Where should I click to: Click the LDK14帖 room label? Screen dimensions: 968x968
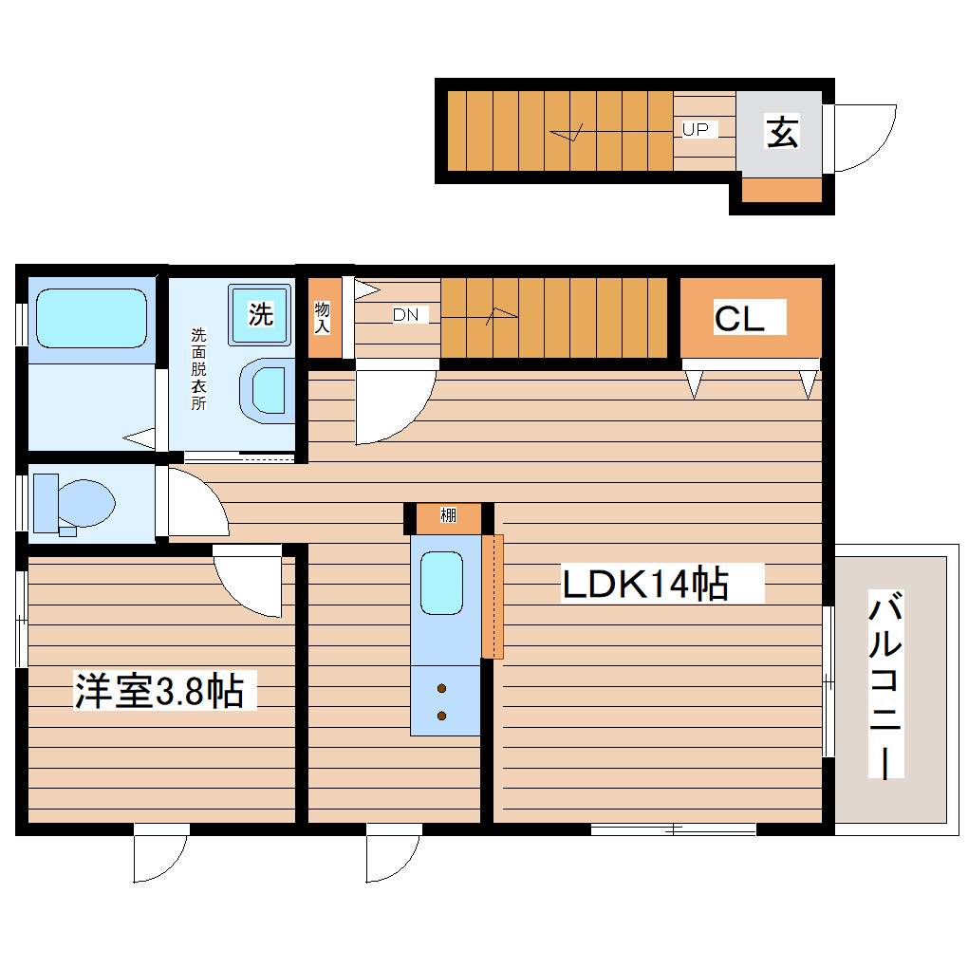[x=645, y=584]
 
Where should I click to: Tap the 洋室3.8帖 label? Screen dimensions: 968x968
[x=159, y=691]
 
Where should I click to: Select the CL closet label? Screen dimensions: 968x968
[x=739, y=319]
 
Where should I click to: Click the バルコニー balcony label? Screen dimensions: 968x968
[x=885, y=684]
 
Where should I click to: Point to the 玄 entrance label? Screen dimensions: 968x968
[x=782, y=132]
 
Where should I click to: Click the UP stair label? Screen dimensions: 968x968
[x=695, y=130]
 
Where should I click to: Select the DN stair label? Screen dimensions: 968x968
[x=405, y=315]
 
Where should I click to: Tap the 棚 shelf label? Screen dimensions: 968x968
[x=448, y=515]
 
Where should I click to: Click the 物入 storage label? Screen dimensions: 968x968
[x=323, y=317]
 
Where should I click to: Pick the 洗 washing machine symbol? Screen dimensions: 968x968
[x=260, y=314]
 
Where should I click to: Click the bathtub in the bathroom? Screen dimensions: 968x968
[x=91, y=319]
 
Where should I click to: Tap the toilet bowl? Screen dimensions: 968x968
[x=85, y=503]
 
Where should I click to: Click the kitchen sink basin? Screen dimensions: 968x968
[x=441, y=584]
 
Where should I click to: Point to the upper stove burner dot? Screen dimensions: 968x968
[x=441, y=688]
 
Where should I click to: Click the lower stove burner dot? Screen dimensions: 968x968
[x=441, y=717]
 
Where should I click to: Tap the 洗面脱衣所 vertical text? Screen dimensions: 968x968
[x=198, y=369]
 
